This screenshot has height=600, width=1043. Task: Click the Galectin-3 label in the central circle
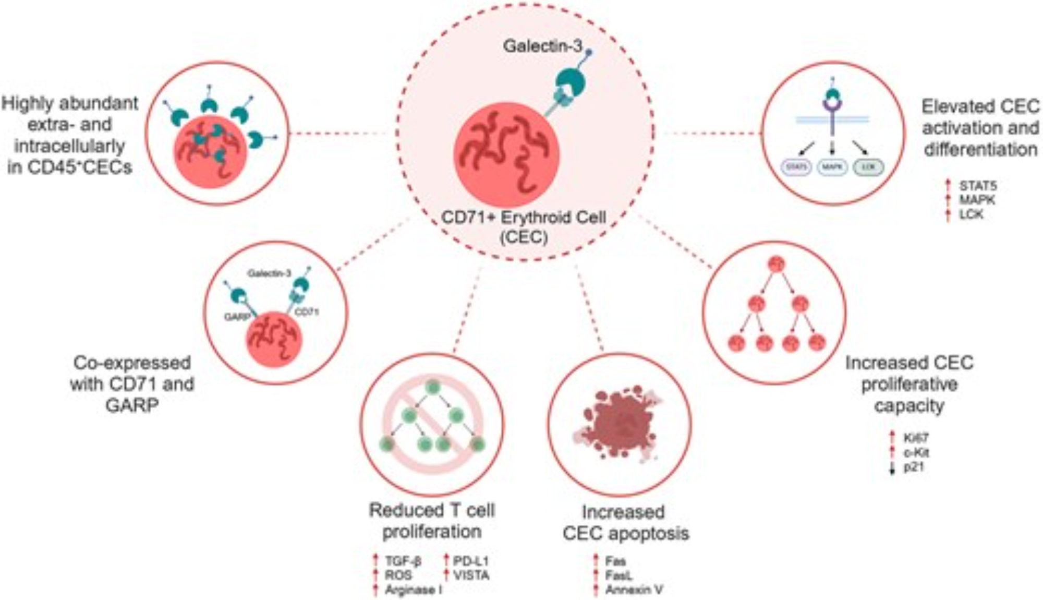coord(542,46)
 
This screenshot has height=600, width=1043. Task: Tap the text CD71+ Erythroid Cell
coord(524,217)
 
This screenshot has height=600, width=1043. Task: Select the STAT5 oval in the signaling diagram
coord(796,167)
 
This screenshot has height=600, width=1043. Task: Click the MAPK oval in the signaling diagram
coord(832,167)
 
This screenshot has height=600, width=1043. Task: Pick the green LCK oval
coord(868,167)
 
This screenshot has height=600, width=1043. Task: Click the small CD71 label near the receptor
coord(307,312)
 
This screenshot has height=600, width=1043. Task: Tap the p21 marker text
coord(914,467)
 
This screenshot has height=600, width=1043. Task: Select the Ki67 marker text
coord(916,438)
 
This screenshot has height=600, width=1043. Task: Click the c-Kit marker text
coord(916,452)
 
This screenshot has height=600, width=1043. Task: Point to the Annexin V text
coord(634,590)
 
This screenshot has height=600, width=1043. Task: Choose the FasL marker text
coord(618,575)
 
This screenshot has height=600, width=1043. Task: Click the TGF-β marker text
coord(403,561)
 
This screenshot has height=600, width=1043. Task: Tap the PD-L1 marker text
coord(470,561)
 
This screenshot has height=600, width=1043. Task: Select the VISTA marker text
coord(471,575)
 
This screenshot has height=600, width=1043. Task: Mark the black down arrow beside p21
coord(892,468)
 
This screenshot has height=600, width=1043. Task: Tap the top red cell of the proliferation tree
coord(776,265)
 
